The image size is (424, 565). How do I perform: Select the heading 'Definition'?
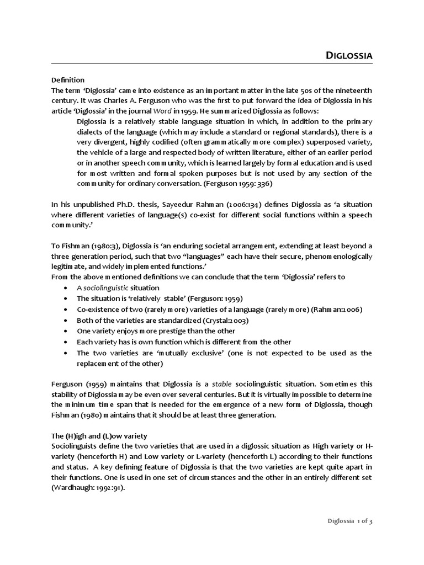point(68,80)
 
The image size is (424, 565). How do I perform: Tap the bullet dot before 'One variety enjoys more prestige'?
point(66,332)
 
